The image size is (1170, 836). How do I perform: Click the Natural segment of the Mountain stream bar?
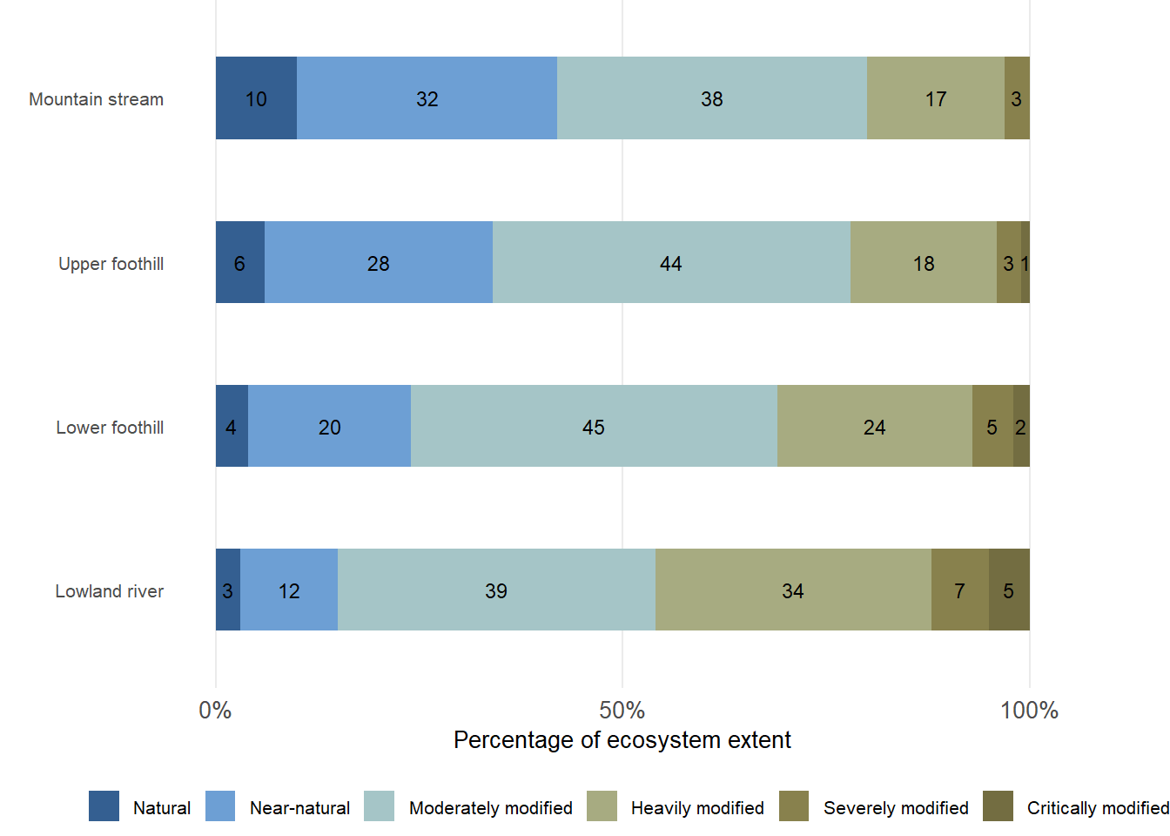click(256, 98)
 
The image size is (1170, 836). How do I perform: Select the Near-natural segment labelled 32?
click(427, 98)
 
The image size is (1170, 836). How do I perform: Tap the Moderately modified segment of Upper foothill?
click(671, 262)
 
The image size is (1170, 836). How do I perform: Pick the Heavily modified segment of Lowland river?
click(793, 590)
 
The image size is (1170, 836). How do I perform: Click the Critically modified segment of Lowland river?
click(1009, 590)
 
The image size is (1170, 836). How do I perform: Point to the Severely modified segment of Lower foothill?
click(992, 426)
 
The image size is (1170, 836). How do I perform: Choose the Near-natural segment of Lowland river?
click(289, 590)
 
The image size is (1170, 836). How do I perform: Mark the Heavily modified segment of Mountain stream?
click(936, 98)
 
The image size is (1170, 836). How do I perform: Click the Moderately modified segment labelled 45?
click(594, 426)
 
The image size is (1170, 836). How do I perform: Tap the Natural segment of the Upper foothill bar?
click(240, 262)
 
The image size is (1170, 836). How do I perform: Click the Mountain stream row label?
click(97, 99)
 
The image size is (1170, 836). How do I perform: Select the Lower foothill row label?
click(110, 428)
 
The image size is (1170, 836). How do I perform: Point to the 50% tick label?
click(622, 711)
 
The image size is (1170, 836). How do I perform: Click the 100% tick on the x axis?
click(1029, 711)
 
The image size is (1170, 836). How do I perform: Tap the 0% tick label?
click(215, 711)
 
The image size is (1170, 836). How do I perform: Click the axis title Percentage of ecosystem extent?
click(622, 740)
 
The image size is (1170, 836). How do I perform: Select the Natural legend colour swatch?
click(104, 806)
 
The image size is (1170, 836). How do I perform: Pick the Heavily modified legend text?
click(697, 808)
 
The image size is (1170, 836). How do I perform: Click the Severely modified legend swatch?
click(794, 806)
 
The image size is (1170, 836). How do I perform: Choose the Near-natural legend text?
click(299, 808)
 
